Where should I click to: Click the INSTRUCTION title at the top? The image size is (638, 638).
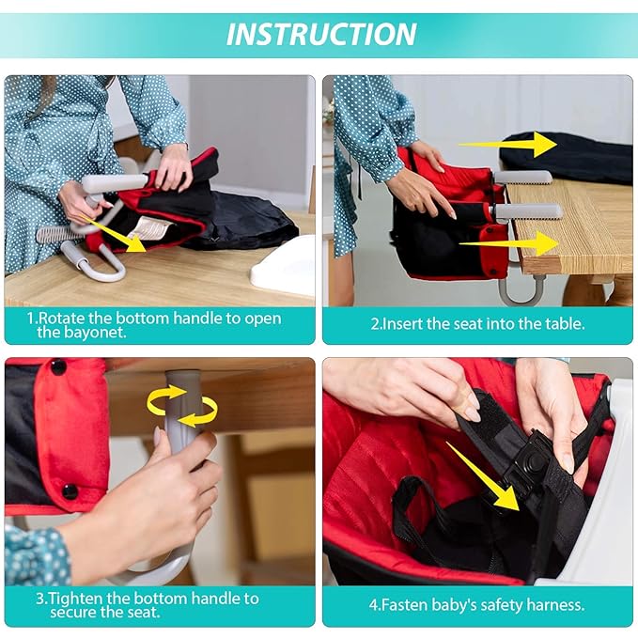coord(321,34)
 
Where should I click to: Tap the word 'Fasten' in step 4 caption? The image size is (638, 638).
coord(425,606)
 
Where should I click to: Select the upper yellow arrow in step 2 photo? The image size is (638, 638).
coord(506,144)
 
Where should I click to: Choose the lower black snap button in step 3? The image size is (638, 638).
coord(70,491)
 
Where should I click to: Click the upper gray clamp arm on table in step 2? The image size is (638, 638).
coord(521,177)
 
